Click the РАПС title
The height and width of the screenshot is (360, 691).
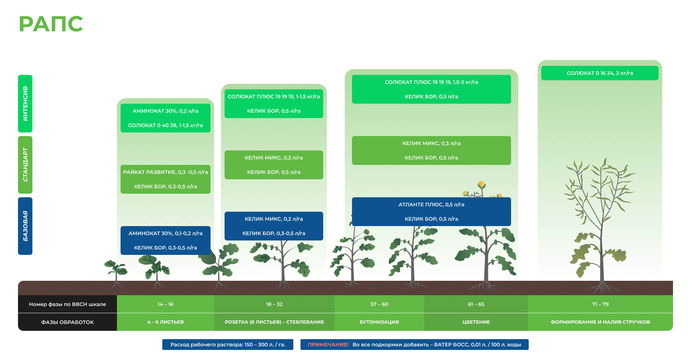pyautogui.click(x=51, y=24)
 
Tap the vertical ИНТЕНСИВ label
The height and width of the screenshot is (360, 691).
pyautogui.click(x=25, y=104)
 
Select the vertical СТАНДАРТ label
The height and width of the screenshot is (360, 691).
pyautogui.click(x=25, y=165)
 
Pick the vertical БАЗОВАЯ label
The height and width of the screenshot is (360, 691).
pyautogui.click(x=25, y=226)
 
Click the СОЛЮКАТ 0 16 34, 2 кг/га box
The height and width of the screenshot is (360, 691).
pyautogui.click(x=600, y=73)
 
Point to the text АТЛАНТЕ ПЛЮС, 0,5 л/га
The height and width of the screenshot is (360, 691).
pyautogui.click(x=431, y=204)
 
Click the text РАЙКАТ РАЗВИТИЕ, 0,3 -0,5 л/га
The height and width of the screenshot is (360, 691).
pyautogui.click(x=166, y=172)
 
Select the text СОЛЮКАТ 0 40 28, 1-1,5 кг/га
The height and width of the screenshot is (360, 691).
pyautogui.click(x=166, y=125)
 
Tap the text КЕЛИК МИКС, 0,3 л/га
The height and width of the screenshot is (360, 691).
pyautogui.click(x=431, y=143)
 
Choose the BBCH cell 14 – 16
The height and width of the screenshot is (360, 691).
pyautogui.click(x=166, y=304)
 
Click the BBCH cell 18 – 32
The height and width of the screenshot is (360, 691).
pyautogui.click(x=274, y=304)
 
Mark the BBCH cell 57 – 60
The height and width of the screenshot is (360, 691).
pyautogui.click(x=379, y=304)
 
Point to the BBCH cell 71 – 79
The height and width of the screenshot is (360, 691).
pyautogui.click(x=600, y=304)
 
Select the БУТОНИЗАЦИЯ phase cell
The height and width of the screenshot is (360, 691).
pyautogui.click(x=379, y=322)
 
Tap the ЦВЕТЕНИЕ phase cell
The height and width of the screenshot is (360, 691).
pyautogui.click(x=476, y=322)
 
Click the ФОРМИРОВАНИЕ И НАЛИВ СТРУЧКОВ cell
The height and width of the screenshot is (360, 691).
pyautogui.click(x=600, y=322)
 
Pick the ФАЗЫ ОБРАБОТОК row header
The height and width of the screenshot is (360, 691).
pyautogui.click(x=67, y=322)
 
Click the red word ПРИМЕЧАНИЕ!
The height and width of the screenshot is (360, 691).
pyautogui.click(x=328, y=345)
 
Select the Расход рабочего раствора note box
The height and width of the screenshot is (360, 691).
pyautogui.click(x=227, y=345)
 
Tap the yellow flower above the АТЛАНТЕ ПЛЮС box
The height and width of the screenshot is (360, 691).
pyautogui.click(x=482, y=185)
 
